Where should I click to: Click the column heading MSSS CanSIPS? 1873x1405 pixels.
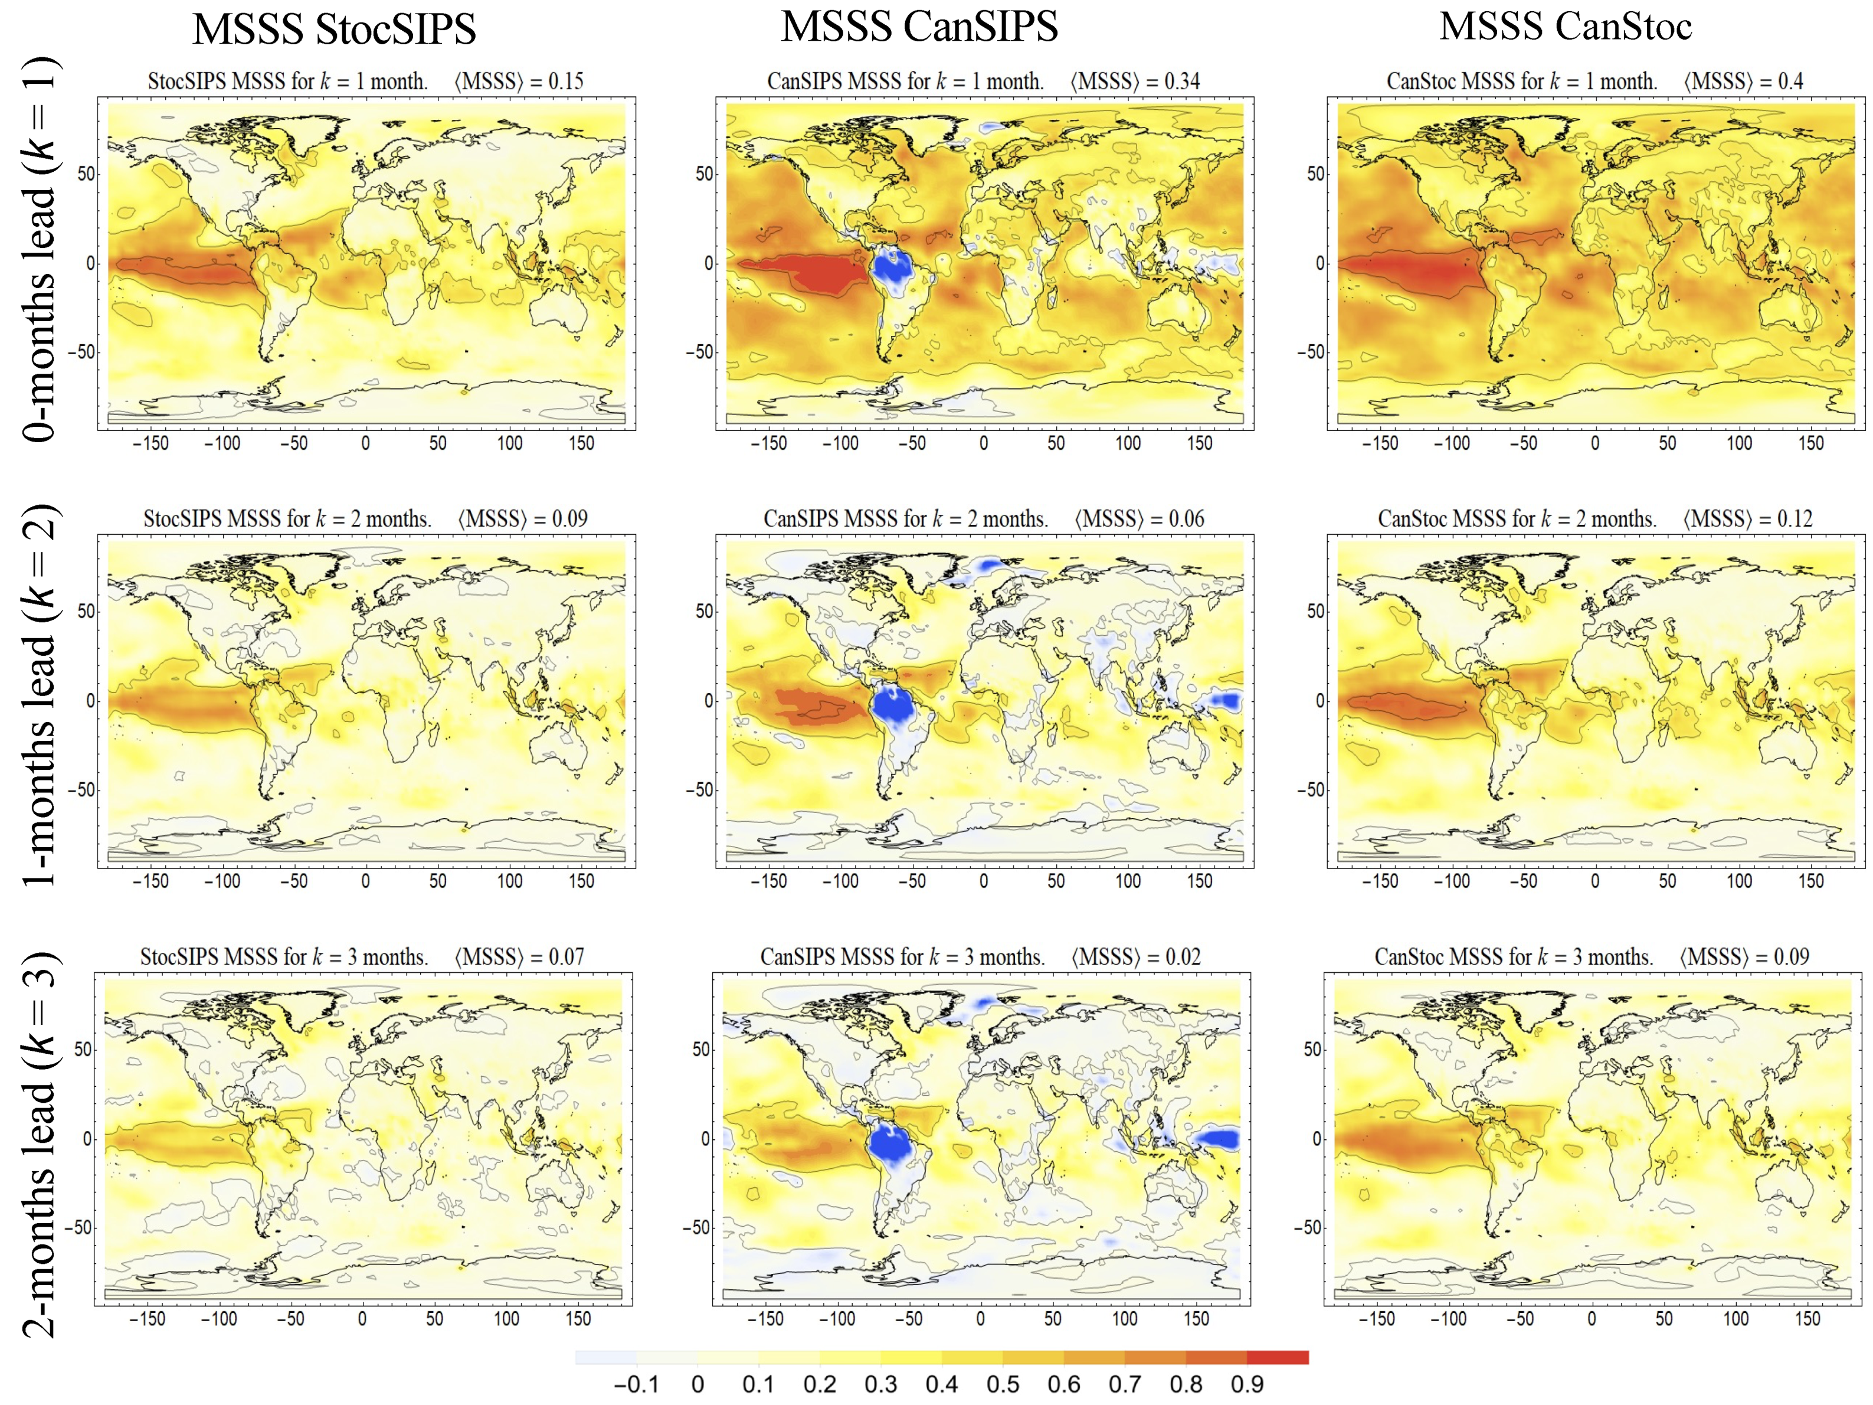click(x=919, y=27)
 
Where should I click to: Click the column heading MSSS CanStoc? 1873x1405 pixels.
click(x=1565, y=27)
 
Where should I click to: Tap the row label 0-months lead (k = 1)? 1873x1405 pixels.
click(x=38, y=250)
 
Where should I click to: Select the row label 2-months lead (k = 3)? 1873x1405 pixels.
click(x=38, y=1143)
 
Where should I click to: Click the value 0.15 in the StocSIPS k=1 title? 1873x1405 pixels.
click(x=566, y=81)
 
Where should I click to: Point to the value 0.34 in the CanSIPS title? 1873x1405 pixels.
click(x=1181, y=81)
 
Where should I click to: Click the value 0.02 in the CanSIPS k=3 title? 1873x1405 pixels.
click(x=1183, y=957)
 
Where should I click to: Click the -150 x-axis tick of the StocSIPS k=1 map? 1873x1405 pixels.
click(x=150, y=443)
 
